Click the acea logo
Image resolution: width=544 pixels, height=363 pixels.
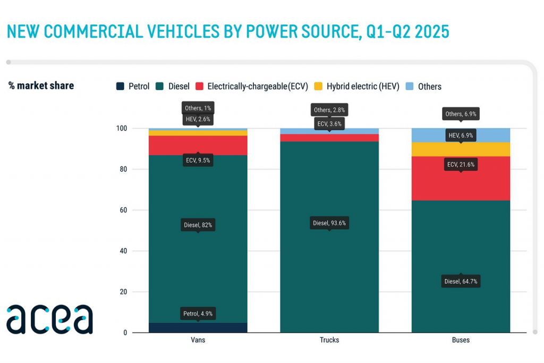pos(49,319)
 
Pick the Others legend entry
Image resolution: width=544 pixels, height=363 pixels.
pos(423,86)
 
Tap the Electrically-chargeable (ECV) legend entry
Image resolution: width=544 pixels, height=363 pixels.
pos(252,86)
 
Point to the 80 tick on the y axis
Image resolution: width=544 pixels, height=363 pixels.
pos(123,170)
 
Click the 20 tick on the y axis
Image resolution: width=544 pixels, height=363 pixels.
pos(123,292)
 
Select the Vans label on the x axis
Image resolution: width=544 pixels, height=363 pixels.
pos(198,340)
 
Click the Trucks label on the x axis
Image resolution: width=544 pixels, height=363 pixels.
pos(329,340)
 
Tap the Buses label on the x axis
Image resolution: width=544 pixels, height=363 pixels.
pos(461,340)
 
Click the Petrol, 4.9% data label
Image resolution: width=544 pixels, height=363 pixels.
pos(198,313)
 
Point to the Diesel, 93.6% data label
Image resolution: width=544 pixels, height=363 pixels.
pos(329,223)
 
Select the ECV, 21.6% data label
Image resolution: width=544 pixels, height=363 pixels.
pos(461,165)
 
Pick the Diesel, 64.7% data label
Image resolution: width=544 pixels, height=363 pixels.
pos(461,281)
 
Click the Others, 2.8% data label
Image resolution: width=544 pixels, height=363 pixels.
pos(329,110)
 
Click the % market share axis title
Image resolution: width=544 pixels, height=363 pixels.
pos(41,86)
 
